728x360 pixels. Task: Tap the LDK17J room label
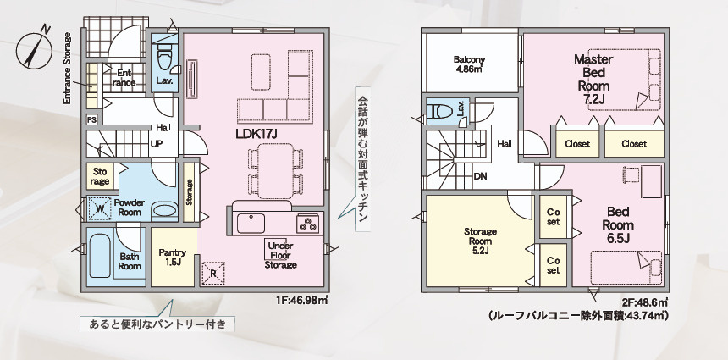tap(256, 134)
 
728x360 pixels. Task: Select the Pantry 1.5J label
tap(172, 257)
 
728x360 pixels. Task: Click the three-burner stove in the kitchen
tap(308, 224)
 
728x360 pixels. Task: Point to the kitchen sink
tap(251, 224)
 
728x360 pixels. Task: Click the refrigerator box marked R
tap(213, 273)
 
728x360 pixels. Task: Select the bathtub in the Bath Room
tap(100, 256)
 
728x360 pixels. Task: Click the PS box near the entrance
tap(92, 119)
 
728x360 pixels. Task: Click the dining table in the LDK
tap(275, 171)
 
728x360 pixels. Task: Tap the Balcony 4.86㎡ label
tap(469, 64)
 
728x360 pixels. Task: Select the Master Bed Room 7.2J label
tap(593, 79)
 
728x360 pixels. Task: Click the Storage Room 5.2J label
tap(480, 241)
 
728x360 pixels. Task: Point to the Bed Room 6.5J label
tap(618, 224)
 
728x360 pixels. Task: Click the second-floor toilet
tap(438, 111)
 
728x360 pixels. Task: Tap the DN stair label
tap(481, 176)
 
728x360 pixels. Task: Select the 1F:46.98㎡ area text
tap(302, 300)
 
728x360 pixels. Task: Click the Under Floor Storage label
tap(280, 256)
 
